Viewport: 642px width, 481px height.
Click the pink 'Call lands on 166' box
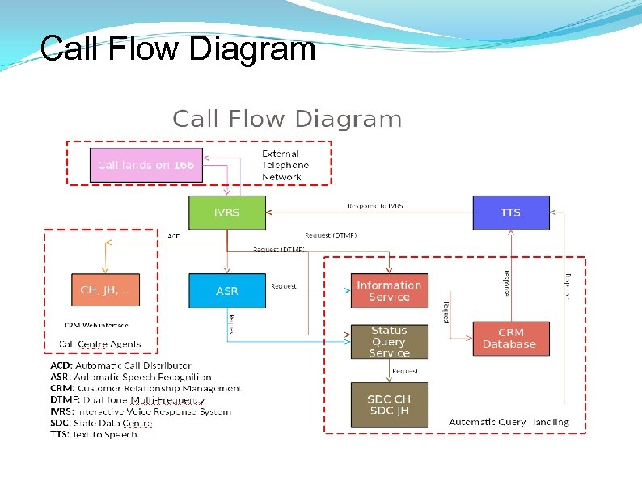[x=146, y=165]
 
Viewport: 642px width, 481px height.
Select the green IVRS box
[x=226, y=212]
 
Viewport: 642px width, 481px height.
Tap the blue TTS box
[x=510, y=212]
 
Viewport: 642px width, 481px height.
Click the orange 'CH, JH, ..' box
[x=105, y=290]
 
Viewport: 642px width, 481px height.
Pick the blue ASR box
[x=226, y=290]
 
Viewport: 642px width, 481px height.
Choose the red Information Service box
[x=389, y=291]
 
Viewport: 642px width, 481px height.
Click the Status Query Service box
[x=389, y=341]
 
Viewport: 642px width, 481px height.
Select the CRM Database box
[x=509, y=338]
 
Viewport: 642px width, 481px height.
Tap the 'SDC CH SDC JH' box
[x=389, y=404]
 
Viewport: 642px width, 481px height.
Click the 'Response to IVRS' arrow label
[x=375, y=206]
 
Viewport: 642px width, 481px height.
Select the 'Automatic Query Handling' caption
[x=509, y=422]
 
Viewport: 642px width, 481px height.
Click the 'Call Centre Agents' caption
[x=99, y=344]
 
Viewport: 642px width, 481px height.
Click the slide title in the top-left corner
[x=177, y=49]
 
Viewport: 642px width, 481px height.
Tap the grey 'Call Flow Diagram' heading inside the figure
[x=287, y=120]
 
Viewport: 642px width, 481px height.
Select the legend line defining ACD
[x=120, y=365]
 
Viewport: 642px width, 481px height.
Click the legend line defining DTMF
[x=127, y=399]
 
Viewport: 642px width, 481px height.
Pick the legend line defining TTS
[x=94, y=434]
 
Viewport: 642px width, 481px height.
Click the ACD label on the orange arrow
[x=174, y=236]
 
